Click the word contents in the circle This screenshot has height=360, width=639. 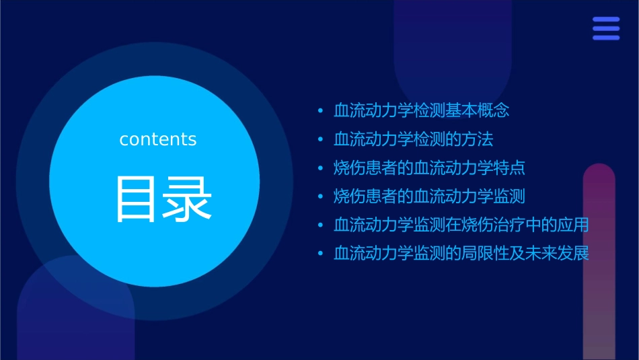tap(158, 139)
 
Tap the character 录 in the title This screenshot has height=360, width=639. tap(186, 199)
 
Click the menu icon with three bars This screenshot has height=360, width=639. tap(605, 29)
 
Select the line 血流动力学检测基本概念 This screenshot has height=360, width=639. tap(422, 110)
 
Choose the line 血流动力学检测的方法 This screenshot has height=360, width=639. tap(414, 139)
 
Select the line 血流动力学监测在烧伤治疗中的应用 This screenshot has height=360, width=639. tap(461, 225)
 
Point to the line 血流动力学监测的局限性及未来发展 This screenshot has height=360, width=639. tap(461, 254)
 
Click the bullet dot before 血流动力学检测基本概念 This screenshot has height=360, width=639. tap(320, 110)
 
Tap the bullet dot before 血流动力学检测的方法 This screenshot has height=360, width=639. tap(320, 139)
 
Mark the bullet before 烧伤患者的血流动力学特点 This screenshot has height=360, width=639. tap(320, 168)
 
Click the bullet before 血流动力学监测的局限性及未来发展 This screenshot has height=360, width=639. tap(320, 254)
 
